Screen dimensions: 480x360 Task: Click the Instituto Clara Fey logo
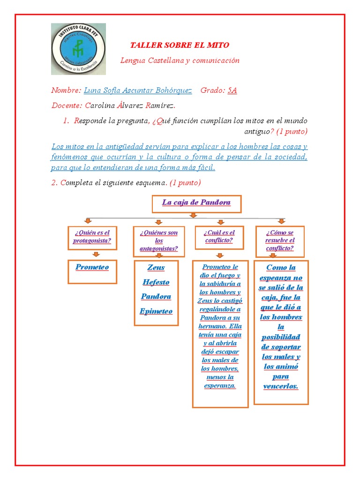click(78, 49)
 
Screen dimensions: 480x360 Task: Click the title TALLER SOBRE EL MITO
click(180, 45)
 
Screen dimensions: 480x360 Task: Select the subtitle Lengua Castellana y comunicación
click(180, 60)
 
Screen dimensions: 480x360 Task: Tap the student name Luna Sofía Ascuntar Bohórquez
click(137, 90)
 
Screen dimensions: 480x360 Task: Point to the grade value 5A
click(232, 90)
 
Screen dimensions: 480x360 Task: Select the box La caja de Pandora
click(196, 203)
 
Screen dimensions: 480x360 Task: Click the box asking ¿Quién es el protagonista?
click(92, 237)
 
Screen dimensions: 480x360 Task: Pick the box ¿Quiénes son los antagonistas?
click(159, 241)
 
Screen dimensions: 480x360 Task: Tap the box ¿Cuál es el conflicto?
click(219, 237)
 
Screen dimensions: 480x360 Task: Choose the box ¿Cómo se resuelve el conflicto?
click(280, 240)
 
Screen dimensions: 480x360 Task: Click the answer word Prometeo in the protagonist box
click(92, 267)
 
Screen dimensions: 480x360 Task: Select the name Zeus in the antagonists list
click(156, 268)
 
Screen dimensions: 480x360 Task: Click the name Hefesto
click(156, 282)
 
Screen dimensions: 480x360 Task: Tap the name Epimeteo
click(156, 311)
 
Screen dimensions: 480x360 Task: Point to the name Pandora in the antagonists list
click(156, 297)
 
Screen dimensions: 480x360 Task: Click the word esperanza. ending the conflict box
click(220, 386)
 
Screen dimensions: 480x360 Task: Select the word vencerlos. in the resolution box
click(281, 386)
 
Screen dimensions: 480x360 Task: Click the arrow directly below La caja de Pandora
click(193, 215)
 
